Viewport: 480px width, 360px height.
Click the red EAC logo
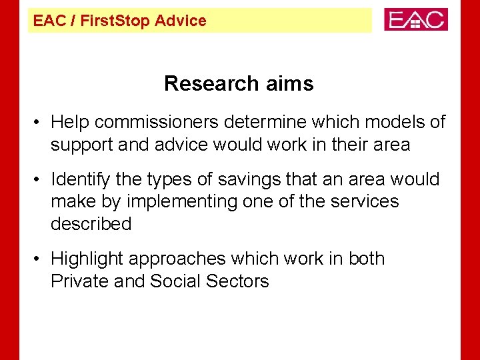[x=416, y=19]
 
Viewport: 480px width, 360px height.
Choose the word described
[x=91, y=223]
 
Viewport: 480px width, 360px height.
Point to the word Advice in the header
[x=181, y=21]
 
